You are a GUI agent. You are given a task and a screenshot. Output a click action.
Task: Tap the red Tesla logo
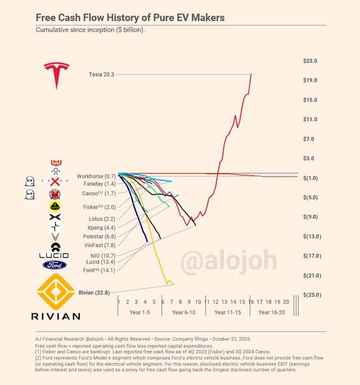pos(57,75)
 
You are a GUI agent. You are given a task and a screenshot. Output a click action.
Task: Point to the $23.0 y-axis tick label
pos(310,61)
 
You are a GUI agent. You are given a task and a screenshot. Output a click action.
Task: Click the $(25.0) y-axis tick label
pos(310,295)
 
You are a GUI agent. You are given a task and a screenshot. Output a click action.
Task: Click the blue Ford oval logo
pos(54,265)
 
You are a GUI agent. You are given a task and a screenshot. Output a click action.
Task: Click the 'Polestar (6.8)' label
pos(98,236)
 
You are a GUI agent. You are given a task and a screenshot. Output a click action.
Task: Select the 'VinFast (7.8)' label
pos(99,245)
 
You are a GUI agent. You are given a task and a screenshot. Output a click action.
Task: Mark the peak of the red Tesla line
pos(251,74)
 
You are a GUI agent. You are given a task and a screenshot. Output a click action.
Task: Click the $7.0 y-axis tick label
pos(310,139)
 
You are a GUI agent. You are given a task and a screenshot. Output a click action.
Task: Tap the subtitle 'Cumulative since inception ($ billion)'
pos(90,30)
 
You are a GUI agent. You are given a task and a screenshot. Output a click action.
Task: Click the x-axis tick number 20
pos(286,302)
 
